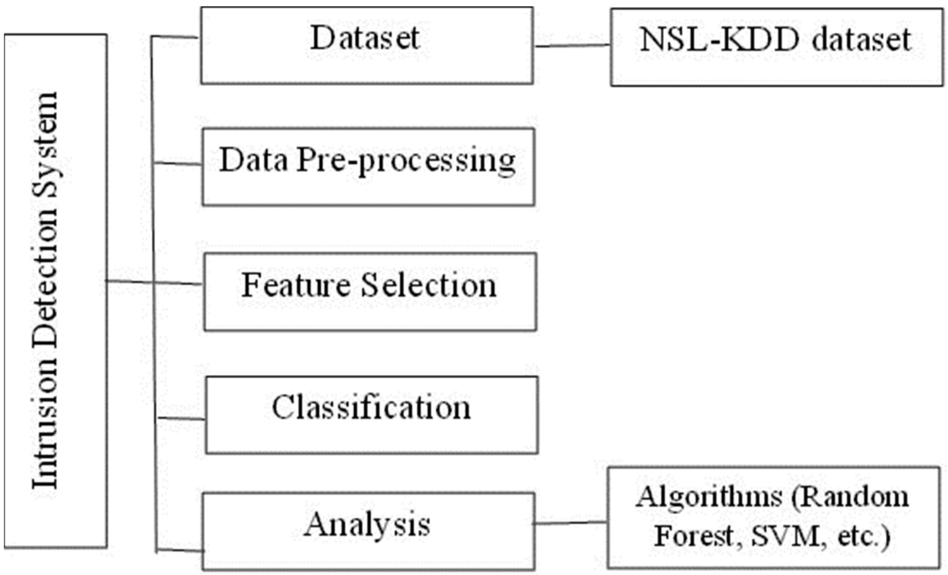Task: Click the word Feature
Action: point(296,285)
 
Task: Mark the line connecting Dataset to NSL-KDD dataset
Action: point(572,45)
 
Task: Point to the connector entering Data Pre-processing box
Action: point(178,164)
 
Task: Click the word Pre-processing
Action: point(406,161)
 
